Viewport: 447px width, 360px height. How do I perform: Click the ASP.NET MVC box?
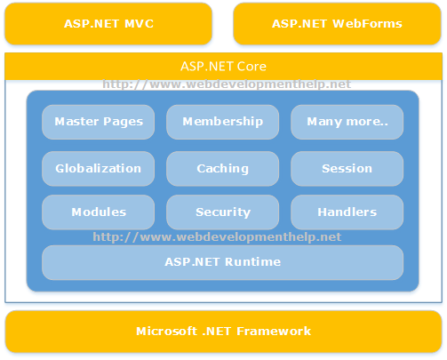[108, 24]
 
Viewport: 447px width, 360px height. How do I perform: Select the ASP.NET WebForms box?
[337, 24]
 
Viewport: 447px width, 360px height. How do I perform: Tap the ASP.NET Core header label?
[223, 67]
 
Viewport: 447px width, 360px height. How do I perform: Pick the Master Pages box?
[99, 122]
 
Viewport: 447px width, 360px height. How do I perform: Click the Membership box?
[223, 122]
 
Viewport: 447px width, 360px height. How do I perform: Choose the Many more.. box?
[347, 122]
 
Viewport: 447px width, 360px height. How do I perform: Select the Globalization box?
[99, 169]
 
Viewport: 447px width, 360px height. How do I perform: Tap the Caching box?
[223, 169]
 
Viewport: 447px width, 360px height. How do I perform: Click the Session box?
[347, 169]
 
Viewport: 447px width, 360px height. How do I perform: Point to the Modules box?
[99, 212]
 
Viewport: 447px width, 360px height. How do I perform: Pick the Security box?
[223, 212]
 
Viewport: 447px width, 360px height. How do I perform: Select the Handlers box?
[347, 212]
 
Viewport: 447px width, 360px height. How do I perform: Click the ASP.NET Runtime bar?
[223, 262]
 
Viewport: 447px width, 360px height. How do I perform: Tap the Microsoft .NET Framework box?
[223, 332]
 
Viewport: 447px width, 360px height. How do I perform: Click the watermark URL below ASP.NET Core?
[227, 84]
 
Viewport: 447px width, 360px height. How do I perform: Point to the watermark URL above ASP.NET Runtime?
[217, 237]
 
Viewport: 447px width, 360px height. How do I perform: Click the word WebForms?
[367, 24]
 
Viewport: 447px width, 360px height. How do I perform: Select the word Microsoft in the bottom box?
[166, 331]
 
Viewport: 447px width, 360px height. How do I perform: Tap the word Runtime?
[252, 262]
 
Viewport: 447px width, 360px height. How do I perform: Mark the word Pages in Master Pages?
[123, 122]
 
